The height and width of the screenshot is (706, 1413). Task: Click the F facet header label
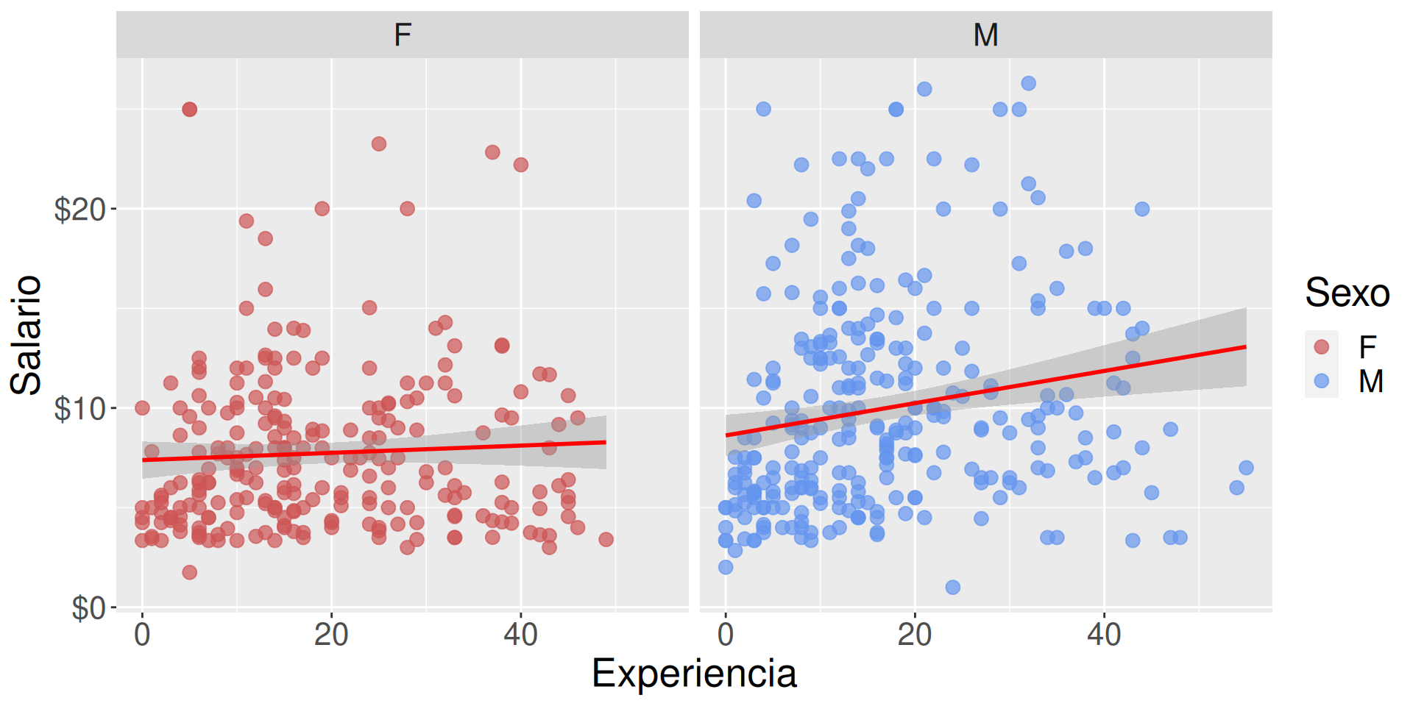tap(402, 35)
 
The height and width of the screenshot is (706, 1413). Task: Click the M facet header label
tap(985, 35)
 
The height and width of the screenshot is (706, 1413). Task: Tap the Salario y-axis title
tap(26, 335)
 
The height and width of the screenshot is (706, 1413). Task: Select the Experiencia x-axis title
tap(694, 673)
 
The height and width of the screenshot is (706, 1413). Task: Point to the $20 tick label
tap(80, 210)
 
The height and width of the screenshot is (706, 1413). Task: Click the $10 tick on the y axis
tap(80, 409)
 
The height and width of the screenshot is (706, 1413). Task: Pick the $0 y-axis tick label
tap(88, 608)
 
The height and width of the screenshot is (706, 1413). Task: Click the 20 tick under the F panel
tap(331, 635)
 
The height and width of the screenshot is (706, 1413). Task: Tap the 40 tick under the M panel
tap(1104, 635)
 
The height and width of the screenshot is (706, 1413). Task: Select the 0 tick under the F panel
tap(142, 635)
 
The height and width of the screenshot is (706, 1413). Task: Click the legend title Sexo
tap(1347, 293)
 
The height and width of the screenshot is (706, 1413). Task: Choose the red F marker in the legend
tap(1321, 346)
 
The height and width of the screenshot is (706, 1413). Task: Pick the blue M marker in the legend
tap(1321, 381)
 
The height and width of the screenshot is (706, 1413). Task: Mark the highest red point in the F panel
tap(189, 110)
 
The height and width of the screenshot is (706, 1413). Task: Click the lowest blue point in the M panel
tap(952, 587)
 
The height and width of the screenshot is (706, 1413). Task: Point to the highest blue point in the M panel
tap(1028, 83)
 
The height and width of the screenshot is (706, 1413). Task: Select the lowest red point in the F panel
tap(189, 572)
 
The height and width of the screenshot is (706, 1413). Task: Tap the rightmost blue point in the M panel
tap(1246, 468)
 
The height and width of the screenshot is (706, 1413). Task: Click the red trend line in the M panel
tap(986, 391)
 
